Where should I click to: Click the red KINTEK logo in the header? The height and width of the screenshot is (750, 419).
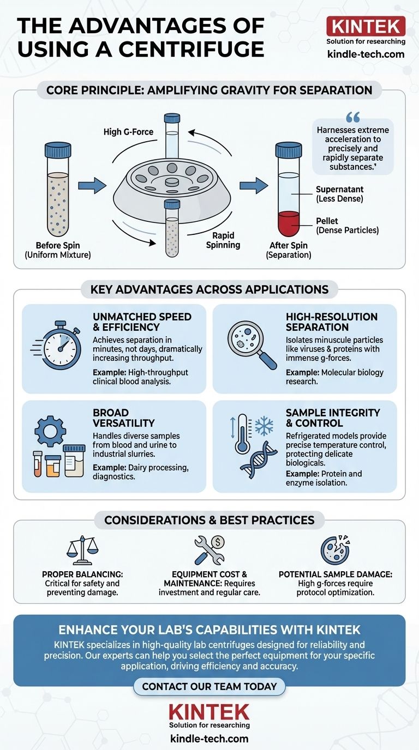pyautogui.click(x=366, y=26)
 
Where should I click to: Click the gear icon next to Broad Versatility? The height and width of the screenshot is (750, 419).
pyautogui.click(x=50, y=431)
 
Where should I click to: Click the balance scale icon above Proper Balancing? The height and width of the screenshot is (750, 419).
pyautogui.click(x=82, y=547)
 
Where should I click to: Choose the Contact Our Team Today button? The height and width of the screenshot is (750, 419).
pyautogui.click(x=209, y=686)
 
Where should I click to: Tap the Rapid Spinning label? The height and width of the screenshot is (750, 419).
pyautogui.click(x=223, y=240)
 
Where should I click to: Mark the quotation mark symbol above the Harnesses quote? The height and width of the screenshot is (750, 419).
pyautogui.click(x=354, y=117)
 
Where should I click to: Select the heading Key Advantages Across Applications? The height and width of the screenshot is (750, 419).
pyautogui.click(x=209, y=289)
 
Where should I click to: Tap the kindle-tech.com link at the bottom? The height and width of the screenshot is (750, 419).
pyautogui.click(x=209, y=739)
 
